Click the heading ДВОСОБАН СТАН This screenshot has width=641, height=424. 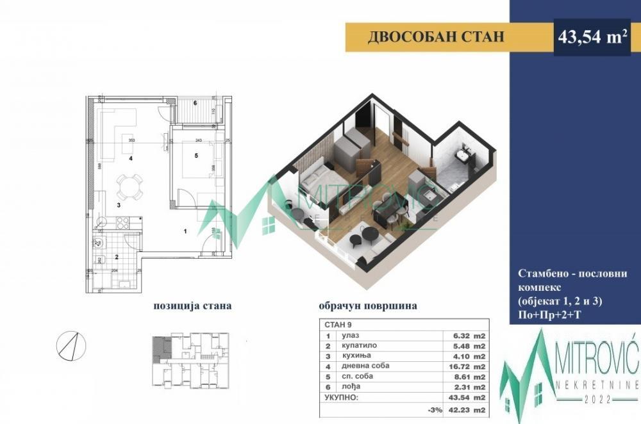tap(436, 37)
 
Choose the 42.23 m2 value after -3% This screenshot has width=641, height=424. tap(470, 409)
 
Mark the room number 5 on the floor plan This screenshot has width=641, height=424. tap(197, 155)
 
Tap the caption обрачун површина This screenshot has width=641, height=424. tap(367, 306)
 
